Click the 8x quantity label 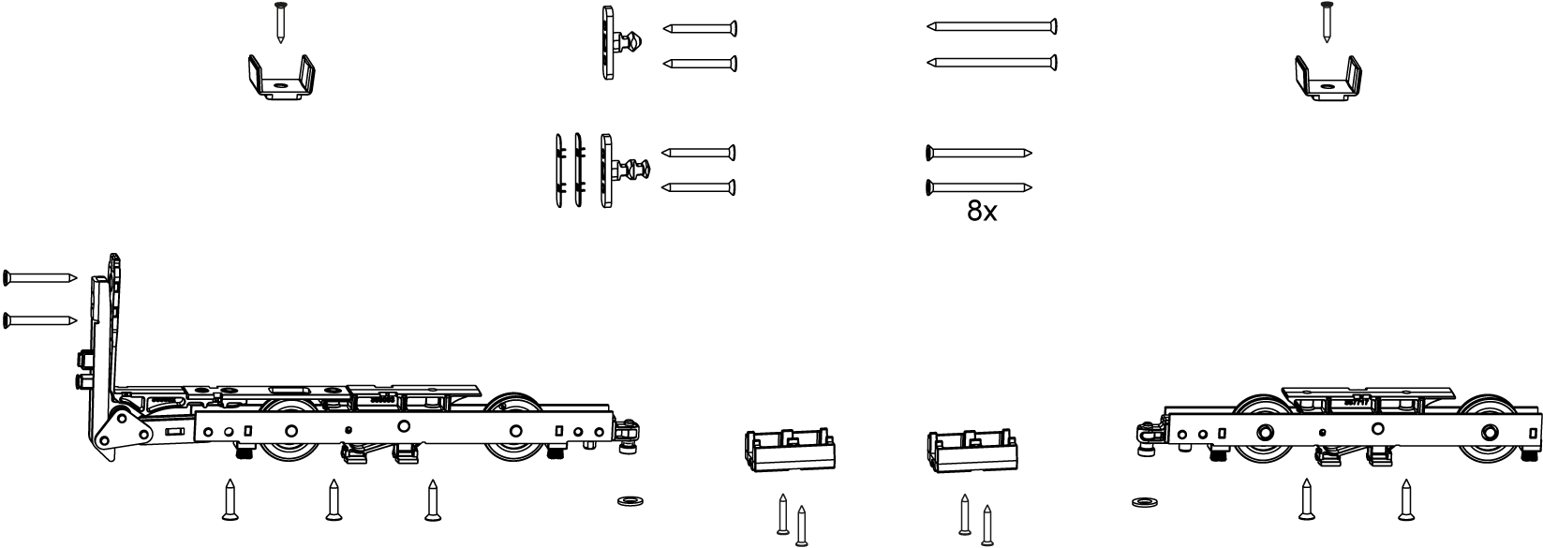pos(982,213)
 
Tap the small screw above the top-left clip pos(279,22)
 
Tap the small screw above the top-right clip pos(1326,22)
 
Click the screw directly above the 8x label pos(978,187)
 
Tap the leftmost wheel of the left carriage pos(290,431)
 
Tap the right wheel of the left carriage pos(516,430)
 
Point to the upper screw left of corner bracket pos(40,277)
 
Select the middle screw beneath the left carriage pos(333,501)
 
